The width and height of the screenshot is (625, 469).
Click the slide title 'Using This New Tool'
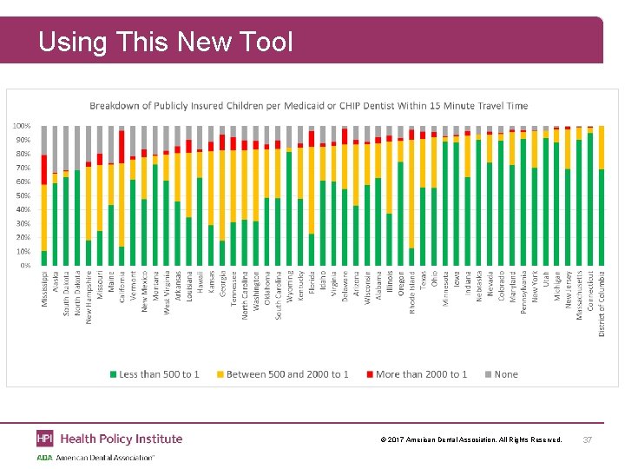[x=166, y=41]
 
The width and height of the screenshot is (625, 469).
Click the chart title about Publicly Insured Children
[x=308, y=106]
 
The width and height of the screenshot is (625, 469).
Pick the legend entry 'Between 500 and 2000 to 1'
[x=281, y=374]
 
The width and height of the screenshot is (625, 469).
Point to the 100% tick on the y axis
[x=22, y=126]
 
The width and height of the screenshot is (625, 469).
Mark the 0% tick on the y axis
[x=25, y=265]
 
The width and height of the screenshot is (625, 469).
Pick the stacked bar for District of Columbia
[x=602, y=195]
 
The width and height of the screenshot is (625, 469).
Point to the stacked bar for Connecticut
[x=590, y=195]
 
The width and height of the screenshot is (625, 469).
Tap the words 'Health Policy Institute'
[x=122, y=439]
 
